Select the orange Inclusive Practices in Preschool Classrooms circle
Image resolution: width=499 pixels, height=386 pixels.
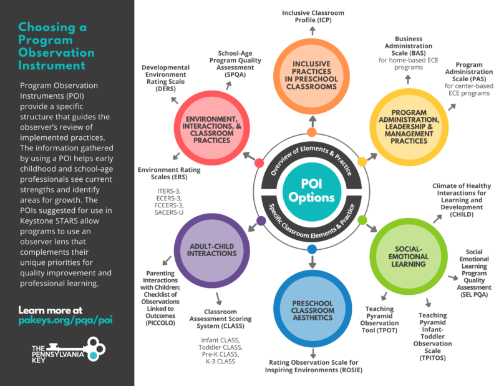coord(312,76)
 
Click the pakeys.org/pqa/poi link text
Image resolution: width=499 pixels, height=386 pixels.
coord(65,320)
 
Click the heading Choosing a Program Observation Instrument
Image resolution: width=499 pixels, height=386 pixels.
coord(56,47)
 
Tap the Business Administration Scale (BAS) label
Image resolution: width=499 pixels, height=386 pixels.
coord(409,50)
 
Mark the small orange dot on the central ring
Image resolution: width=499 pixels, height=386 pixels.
coord(312,132)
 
